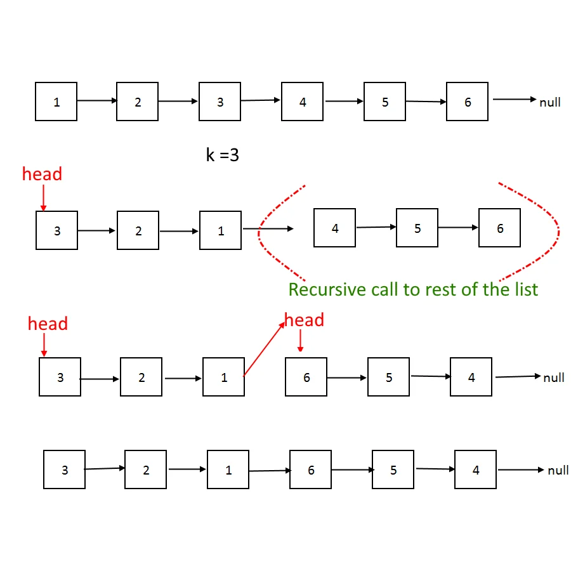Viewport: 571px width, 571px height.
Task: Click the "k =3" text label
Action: [x=223, y=155]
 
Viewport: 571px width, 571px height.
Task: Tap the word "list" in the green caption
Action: [x=524, y=290]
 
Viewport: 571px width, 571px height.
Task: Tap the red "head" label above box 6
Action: [x=305, y=320]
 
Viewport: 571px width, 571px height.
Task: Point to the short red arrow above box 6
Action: [x=301, y=341]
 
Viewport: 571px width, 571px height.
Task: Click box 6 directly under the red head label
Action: [x=306, y=377]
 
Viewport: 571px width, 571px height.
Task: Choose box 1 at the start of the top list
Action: [x=56, y=102]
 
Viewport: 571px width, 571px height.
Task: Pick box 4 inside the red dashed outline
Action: [x=335, y=228]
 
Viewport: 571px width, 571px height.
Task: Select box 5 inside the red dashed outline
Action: [x=417, y=228]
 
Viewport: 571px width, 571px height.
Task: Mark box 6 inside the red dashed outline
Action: [x=500, y=228]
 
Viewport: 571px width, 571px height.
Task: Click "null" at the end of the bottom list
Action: [x=558, y=471]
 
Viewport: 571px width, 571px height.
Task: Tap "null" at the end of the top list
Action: [x=550, y=102]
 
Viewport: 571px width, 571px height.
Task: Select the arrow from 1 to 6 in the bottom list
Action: [x=270, y=471]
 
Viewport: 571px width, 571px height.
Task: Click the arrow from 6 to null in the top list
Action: [x=515, y=100]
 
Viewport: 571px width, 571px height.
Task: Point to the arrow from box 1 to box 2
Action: [x=97, y=100]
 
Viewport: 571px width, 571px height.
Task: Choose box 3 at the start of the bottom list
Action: [x=65, y=470]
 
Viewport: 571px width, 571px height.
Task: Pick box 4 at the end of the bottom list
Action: [x=476, y=470]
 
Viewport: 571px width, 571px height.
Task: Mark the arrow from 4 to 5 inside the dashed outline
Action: [x=376, y=226]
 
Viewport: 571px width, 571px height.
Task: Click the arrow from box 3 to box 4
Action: [x=261, y=100]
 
